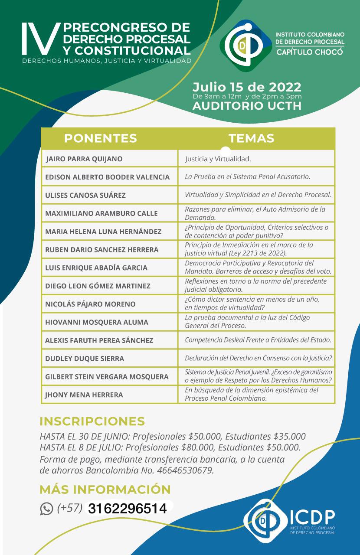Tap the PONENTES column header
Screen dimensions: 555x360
[x=100, y=138]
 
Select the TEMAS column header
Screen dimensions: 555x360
[x=251, y=138]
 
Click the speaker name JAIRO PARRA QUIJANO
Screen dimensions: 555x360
[x=84, y=159]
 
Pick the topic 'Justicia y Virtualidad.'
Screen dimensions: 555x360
[x=218, y=159]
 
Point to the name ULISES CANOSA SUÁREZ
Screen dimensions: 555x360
[x=85, y=195]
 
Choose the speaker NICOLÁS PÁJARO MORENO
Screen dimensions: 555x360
[x=90, y=304]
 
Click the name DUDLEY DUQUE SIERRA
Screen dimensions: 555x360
[x=85, y=358]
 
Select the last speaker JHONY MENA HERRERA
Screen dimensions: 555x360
[x=84, y=395]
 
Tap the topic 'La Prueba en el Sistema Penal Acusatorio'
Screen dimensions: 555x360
[x=247, y=177]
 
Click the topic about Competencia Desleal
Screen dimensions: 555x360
[x=258, y=340]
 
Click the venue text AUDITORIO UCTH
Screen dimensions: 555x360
[x=247, y=106]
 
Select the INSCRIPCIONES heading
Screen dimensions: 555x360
[x=92, y=421]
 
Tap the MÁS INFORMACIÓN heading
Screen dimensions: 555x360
[x=105, y=490]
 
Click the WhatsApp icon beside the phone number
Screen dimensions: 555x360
[x=46, y=509]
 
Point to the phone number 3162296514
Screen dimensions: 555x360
[x=127, y=509]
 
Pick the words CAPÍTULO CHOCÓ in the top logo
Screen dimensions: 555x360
[x=310, y=52]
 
